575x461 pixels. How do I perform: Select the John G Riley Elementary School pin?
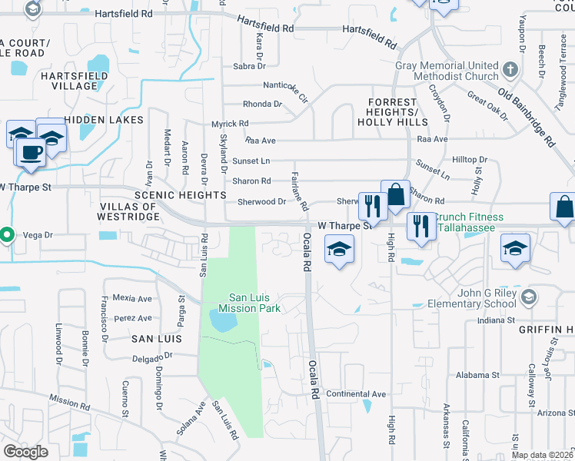click(528, 297)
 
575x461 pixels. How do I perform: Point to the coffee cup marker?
click(31, 152)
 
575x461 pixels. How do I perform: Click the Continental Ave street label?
click(355, 394)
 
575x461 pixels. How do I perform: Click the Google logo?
click(25, 452)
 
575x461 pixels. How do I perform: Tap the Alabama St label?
click(476, 375)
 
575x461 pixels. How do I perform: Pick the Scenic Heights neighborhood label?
click(170, 195)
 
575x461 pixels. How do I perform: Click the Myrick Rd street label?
click(230, 123)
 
